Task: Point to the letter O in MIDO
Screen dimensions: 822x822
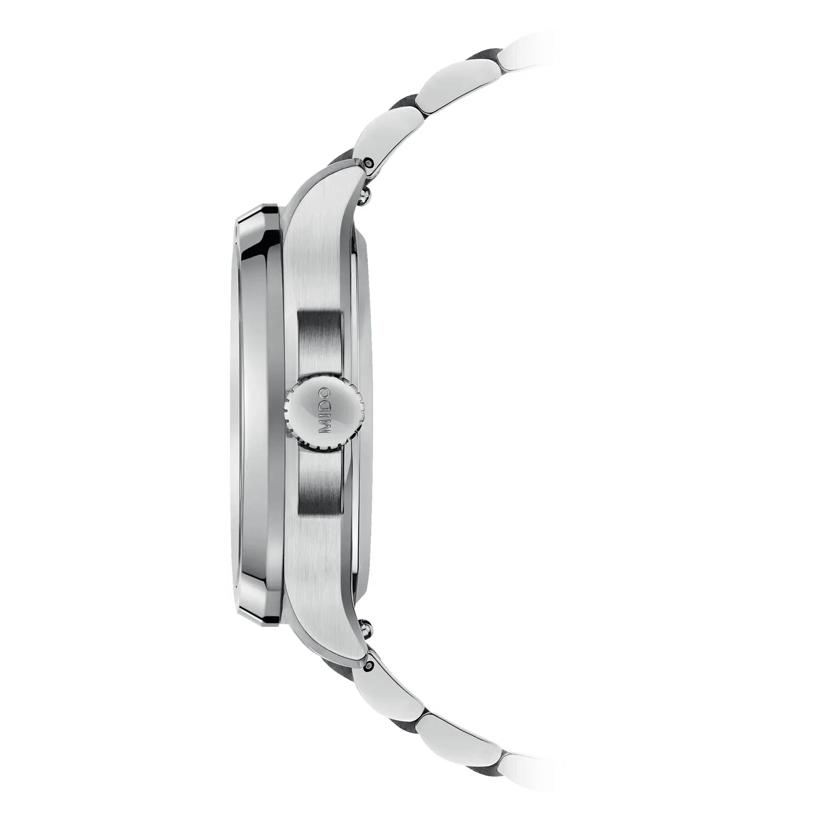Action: [324, 394]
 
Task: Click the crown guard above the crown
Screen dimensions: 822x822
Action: [320, 338]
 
